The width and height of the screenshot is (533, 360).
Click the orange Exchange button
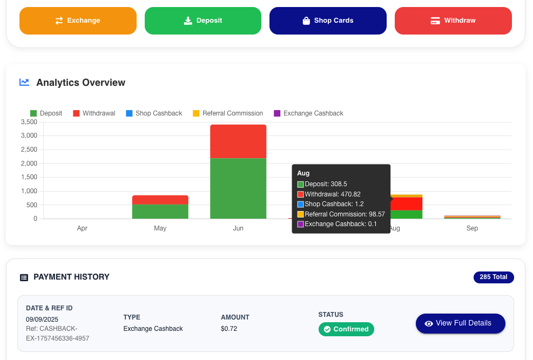[x=78, y=21]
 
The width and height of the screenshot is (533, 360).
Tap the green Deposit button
[x=203, y=21]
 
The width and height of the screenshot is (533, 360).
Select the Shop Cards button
[x=328, y=21]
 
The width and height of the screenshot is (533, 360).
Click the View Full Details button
[x=461, y=323]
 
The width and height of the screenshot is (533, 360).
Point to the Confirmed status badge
[x=346, y=329]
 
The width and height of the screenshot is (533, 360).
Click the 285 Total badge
[x=494, y=277]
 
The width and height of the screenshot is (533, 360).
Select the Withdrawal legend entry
[x=94, y=113]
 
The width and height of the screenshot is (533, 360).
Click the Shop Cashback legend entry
[x=154, y=113]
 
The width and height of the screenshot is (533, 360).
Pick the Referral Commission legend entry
[x=228, y=113]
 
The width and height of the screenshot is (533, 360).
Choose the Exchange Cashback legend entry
[x=309, y=113]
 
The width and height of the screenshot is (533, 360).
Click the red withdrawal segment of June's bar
[x=238, y=141]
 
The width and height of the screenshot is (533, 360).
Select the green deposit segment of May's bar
[x=160, y=211]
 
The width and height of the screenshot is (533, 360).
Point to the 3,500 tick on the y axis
[x=29, y=122]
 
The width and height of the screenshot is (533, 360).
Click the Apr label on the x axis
[x=82, y=228]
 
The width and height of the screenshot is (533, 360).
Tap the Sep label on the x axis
[x=472, y=228]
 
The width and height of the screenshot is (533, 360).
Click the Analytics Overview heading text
[x=81, y=83]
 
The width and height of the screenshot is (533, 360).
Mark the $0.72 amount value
[x=229, y=329]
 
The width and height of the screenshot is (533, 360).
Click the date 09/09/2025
[x=42, y=320]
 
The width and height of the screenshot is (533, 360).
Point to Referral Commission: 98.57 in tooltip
[x=341, y=214]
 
